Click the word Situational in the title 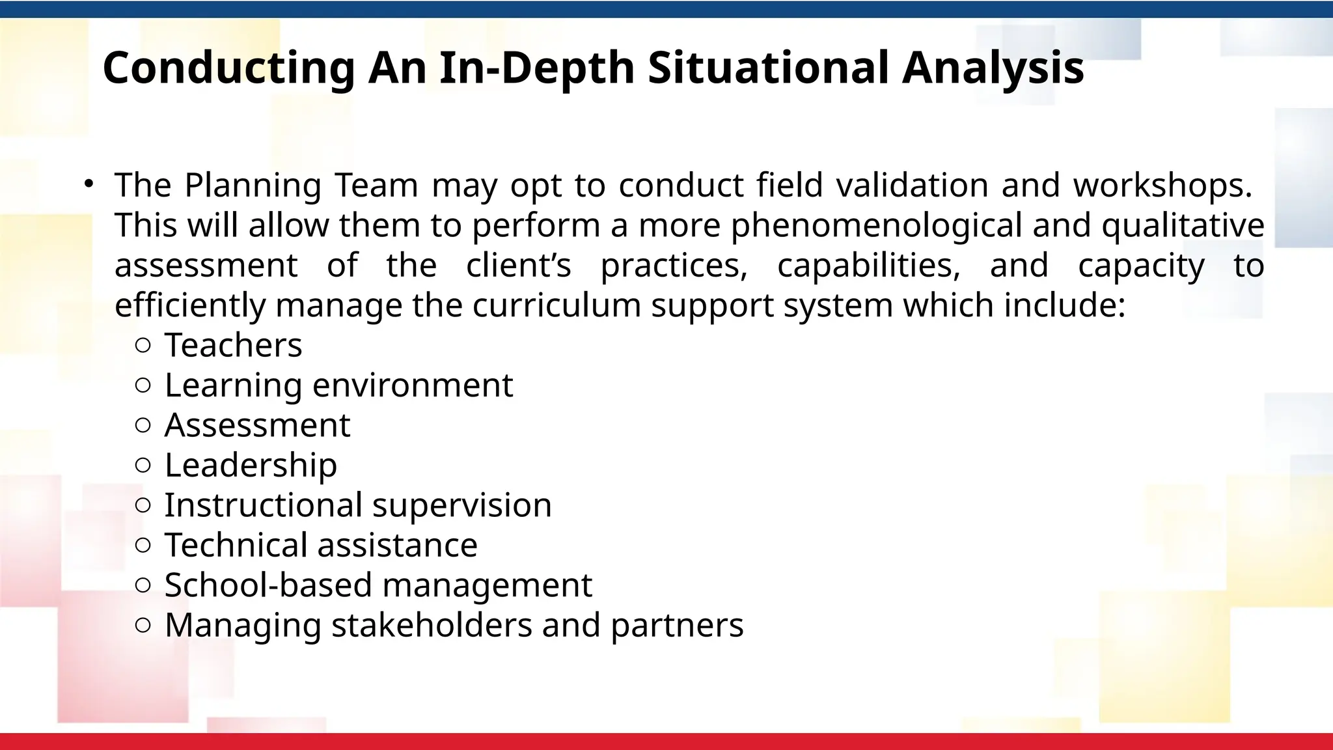click(768, 68)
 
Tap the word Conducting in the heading click(228, 68)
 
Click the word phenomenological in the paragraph click(876, 225)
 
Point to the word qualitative click(1183, 225)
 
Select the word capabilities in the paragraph click(868, 266)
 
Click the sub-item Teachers click(233, 345)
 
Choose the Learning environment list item click(338, 385)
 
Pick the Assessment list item click(257, 425)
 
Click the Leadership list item click(251, 465)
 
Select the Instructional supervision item click(358, 505)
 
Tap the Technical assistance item click(321, 546)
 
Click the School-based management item click(378, 585)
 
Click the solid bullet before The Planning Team click(89, 184)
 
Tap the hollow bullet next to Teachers click(143, 346)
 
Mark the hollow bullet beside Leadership click(143, 465)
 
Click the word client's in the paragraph click(518, 266)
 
